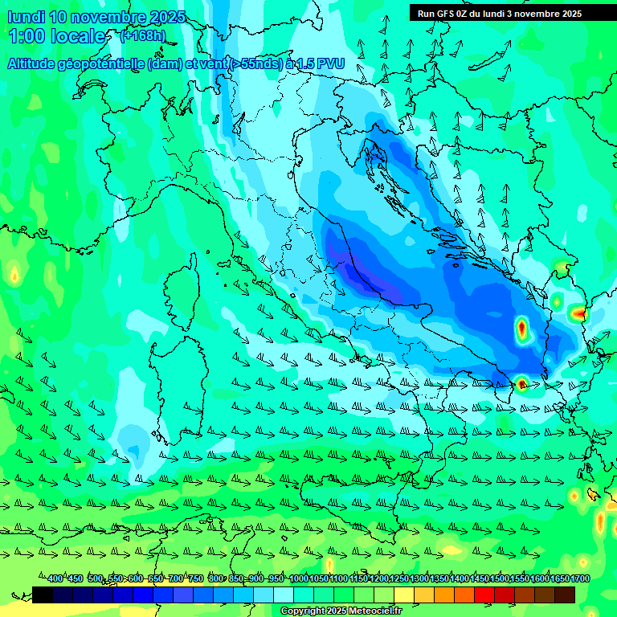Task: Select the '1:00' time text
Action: tap(26, 36)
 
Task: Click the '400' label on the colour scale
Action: tap(55, 578)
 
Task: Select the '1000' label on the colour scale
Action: tap(299, 578)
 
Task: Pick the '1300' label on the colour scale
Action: tap(419, 578)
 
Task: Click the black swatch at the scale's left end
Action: tap(43, 595)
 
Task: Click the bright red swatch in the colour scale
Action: tap(484, 595)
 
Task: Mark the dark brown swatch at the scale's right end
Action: tap(565, 595)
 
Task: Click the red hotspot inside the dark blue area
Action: tap(521, 327)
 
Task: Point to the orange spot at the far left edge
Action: tap(14, 275)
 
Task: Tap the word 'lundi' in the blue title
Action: tap(24, 18)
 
